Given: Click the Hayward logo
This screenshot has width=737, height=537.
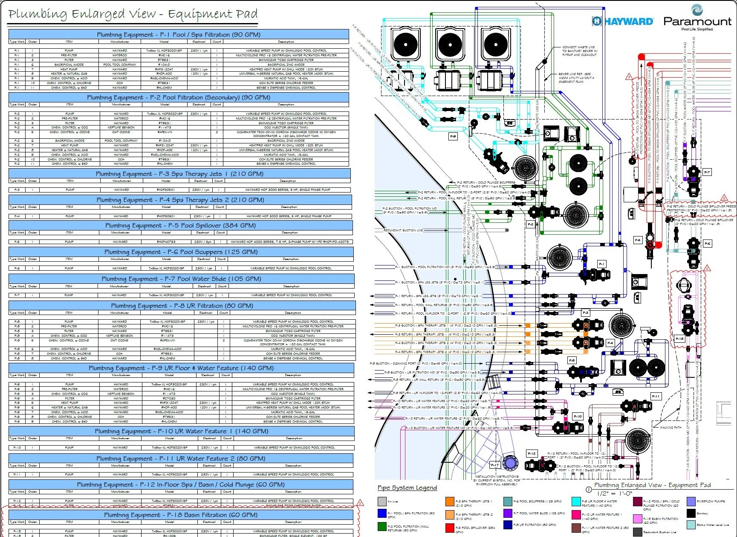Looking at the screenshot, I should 623,21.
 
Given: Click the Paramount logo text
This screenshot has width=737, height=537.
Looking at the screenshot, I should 697,21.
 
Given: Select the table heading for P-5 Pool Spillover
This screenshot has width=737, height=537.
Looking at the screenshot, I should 180,225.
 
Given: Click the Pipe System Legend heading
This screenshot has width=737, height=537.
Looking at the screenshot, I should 407,487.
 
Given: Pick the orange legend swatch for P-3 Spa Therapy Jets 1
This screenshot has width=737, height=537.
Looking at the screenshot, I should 450,502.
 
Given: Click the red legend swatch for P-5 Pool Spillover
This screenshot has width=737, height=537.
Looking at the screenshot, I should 450,528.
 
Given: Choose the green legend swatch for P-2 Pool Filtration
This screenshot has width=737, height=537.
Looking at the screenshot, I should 382,526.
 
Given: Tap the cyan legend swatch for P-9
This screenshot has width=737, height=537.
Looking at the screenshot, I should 576,502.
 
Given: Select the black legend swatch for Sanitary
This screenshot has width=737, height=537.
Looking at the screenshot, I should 691,514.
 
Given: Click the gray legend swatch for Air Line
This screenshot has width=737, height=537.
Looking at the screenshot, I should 382,502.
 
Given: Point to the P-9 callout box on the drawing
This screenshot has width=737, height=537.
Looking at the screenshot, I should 453,136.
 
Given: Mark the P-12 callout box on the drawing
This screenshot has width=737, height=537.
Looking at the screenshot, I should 532,453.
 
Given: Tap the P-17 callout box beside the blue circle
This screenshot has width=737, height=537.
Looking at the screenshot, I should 494,465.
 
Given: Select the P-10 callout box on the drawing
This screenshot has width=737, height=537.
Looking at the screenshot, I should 578,416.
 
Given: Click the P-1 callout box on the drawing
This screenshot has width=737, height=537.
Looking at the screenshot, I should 601,264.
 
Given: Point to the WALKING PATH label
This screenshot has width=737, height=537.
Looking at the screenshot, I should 671,427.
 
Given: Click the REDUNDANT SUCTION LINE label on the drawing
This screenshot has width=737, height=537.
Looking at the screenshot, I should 403,230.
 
